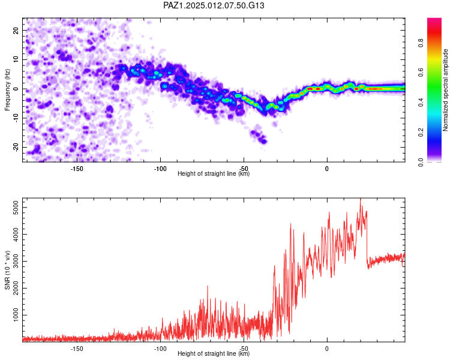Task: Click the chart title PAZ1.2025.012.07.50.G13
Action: pyautogui.click(x=214, y=5)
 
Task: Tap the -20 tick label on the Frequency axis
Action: pyautogui.click(x=16, y=147)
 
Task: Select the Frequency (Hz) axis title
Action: pyautogui.click(x=7, y=89)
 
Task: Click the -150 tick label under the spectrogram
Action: pyautogui.click(x=77, y=169)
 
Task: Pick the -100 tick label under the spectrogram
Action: pyautogui.click(x=160, y=169)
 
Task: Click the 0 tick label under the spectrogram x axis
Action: pyautogui.click(x=327, y=169)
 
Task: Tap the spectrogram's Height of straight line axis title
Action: pyautogui.click(x=214, y=173)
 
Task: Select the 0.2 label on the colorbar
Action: pyautogui.click(x=421, y=133)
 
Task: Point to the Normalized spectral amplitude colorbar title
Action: pyautogui.click(x=445, y=90)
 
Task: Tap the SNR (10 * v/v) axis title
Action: pyautogui.click(x=7, y=270)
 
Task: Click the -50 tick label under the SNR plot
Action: pyautogui.click(x=244, y=349)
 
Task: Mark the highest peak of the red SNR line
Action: pyautogui.click(x=361, y=199)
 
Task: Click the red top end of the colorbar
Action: pyautogui.click(x=434, y=19)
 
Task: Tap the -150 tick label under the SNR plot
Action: pyautogui.click(x=77, y=349)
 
